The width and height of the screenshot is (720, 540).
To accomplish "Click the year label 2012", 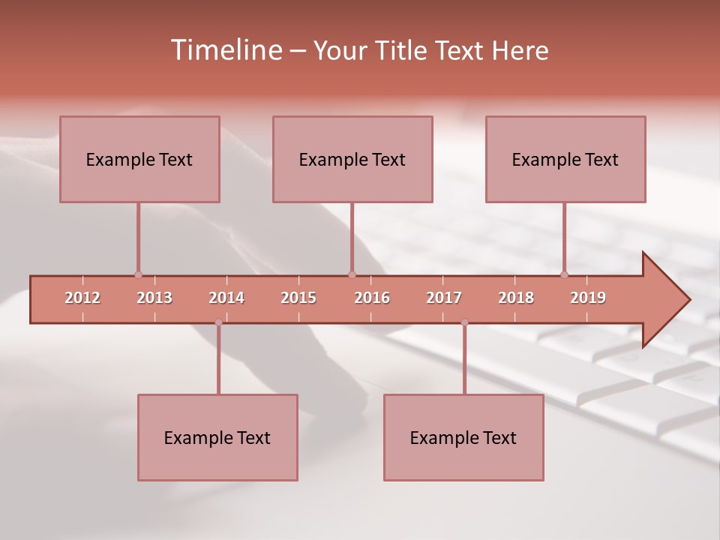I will tap(82, 298).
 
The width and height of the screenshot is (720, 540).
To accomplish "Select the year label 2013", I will tap(154, 298).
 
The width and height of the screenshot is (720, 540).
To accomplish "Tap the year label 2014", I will tap(226, 298).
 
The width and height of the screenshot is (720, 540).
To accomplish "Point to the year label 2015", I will tap(298, 298).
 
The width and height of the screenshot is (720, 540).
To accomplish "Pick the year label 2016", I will tap(372, 298).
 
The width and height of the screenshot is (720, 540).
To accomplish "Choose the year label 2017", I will tap(444, 298).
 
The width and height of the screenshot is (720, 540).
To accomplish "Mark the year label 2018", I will tap(516, 298).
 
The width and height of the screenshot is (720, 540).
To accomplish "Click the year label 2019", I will tap(588, 298).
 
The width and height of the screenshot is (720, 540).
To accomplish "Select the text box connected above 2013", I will tap(139, 159).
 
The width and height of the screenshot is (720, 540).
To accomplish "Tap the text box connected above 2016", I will tap(352, 159).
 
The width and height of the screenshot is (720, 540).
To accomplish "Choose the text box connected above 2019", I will tap(565, 159).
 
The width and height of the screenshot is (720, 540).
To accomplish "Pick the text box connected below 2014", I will tap(217, 437).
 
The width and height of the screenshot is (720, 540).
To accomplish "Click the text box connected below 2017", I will tap(463, 437).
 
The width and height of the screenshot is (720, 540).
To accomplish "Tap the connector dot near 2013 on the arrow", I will tap(138, 274).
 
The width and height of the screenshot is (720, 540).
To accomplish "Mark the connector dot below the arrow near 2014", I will tap(218, 322).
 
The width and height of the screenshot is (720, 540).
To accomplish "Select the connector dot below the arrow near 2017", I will tap(464, 322).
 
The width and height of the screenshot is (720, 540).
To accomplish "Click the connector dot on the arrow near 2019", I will tap(564, 274).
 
